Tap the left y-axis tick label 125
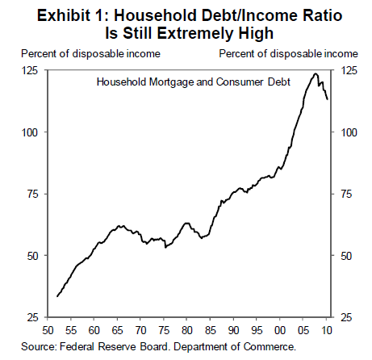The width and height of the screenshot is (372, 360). (x=30, y=71)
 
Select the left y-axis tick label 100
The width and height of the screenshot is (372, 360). (x=30, y=132)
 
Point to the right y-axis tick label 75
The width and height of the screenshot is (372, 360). (x=346, y=194)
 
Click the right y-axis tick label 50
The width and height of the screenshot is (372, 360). (x=346, y=256)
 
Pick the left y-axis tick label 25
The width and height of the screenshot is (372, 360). (x=33, y=317)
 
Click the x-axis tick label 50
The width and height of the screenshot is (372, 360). (x=48, y=330)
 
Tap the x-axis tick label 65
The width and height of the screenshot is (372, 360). (x=117, y=330)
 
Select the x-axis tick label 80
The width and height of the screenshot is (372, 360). (x=186, y=330)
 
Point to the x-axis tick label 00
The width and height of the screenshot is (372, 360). (x=280, y=330)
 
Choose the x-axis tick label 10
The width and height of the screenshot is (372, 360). (x=327, y=330)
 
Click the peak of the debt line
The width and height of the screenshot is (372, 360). (x=316, y=73)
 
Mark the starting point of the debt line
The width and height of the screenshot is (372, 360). (x=57, y=296)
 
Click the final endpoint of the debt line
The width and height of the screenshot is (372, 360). (x=327, y=99)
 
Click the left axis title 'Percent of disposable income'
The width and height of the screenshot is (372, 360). (x=90, y=54)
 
